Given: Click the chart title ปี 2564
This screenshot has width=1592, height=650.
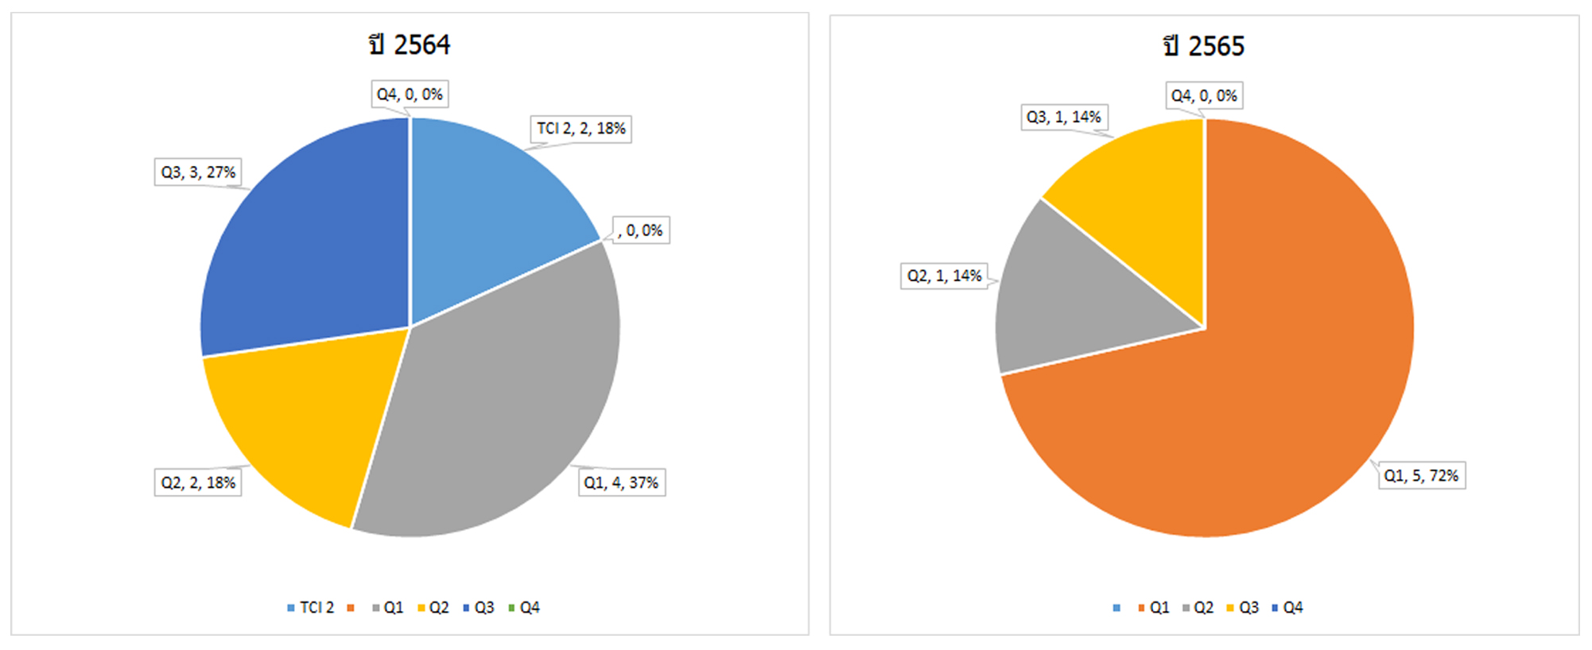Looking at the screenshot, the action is tap(410, 44).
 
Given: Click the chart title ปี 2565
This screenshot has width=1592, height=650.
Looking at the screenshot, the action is tap(1204, 46).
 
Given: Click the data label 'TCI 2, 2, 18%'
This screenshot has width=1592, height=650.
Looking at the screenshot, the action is tap(580, 129).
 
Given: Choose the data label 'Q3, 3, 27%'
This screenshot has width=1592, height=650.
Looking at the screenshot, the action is tap(198, 172).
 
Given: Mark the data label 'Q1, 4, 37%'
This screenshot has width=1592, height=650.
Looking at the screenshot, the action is tap(621, 482).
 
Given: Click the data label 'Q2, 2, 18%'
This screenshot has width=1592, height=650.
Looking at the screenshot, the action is tap(198, 482).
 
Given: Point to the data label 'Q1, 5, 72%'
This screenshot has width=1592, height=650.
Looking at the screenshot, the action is tap(1421, 475).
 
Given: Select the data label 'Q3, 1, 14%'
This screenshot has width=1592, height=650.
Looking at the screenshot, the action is tap(1064, 118).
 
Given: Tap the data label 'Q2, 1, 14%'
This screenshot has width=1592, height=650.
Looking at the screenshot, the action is tap(945, 276).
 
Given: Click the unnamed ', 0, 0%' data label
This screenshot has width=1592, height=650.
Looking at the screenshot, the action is tap(641, 230).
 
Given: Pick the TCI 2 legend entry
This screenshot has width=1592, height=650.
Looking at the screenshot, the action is tap(311, 608).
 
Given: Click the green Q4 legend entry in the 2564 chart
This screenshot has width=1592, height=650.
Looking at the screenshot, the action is tap(524, 608).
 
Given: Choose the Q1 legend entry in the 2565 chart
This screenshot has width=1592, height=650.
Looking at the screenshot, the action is tap(1154, 608).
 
